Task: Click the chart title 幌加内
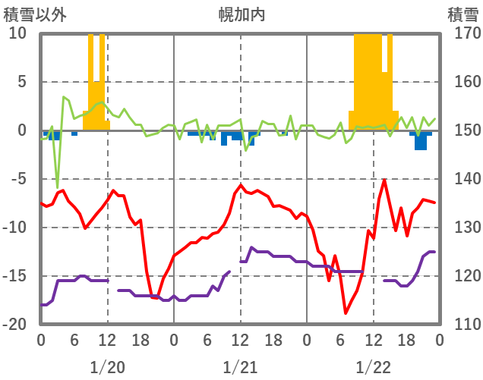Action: [241, 14]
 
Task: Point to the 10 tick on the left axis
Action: [17, 33]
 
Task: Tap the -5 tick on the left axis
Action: [17, 179]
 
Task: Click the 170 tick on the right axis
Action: [462, 33]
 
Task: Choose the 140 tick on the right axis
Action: [462, 179]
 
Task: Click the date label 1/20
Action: [107, 367]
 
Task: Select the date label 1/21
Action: [240, 367]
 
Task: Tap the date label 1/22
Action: [373, 367]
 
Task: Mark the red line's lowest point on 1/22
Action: [346, 312]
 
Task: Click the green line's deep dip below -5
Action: [58, 187]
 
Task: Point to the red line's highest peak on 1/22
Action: [384, 181]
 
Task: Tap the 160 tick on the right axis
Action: [462, 82]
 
